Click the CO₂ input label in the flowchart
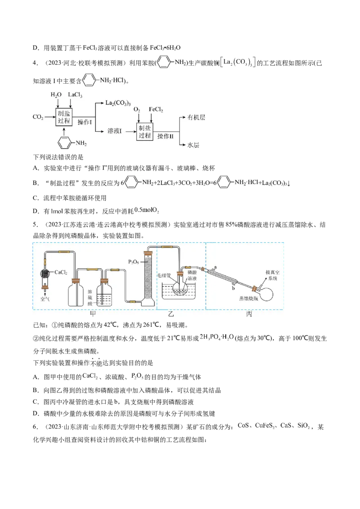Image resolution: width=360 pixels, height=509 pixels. [38, 117]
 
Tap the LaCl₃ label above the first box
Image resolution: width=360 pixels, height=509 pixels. [75, 95]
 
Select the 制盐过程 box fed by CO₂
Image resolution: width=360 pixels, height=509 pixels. [64, 117]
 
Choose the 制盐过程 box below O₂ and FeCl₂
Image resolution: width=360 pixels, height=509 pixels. [144, 132]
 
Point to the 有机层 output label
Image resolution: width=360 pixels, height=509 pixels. [196, 117]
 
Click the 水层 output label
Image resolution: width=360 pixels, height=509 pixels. [193, 145]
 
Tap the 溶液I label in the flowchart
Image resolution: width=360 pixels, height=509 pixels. [115, 131]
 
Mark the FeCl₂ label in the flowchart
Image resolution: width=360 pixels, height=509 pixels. [156, 109]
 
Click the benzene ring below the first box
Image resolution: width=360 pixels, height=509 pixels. [64, 143]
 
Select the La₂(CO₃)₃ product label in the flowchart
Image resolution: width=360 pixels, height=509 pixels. [118, 103]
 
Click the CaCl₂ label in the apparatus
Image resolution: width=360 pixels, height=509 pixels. [61, 272]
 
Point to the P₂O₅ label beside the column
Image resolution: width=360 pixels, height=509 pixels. [134, 262]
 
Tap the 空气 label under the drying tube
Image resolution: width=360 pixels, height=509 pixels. [45, 299]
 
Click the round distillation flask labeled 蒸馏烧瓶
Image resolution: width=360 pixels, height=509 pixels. [265, 295]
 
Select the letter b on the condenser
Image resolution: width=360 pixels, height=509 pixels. [233, 288]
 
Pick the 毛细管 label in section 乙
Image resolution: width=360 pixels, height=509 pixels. [164, 276]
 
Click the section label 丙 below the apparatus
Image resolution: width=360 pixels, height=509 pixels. [249, 314]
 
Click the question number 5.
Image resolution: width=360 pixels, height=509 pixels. [36, 225]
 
